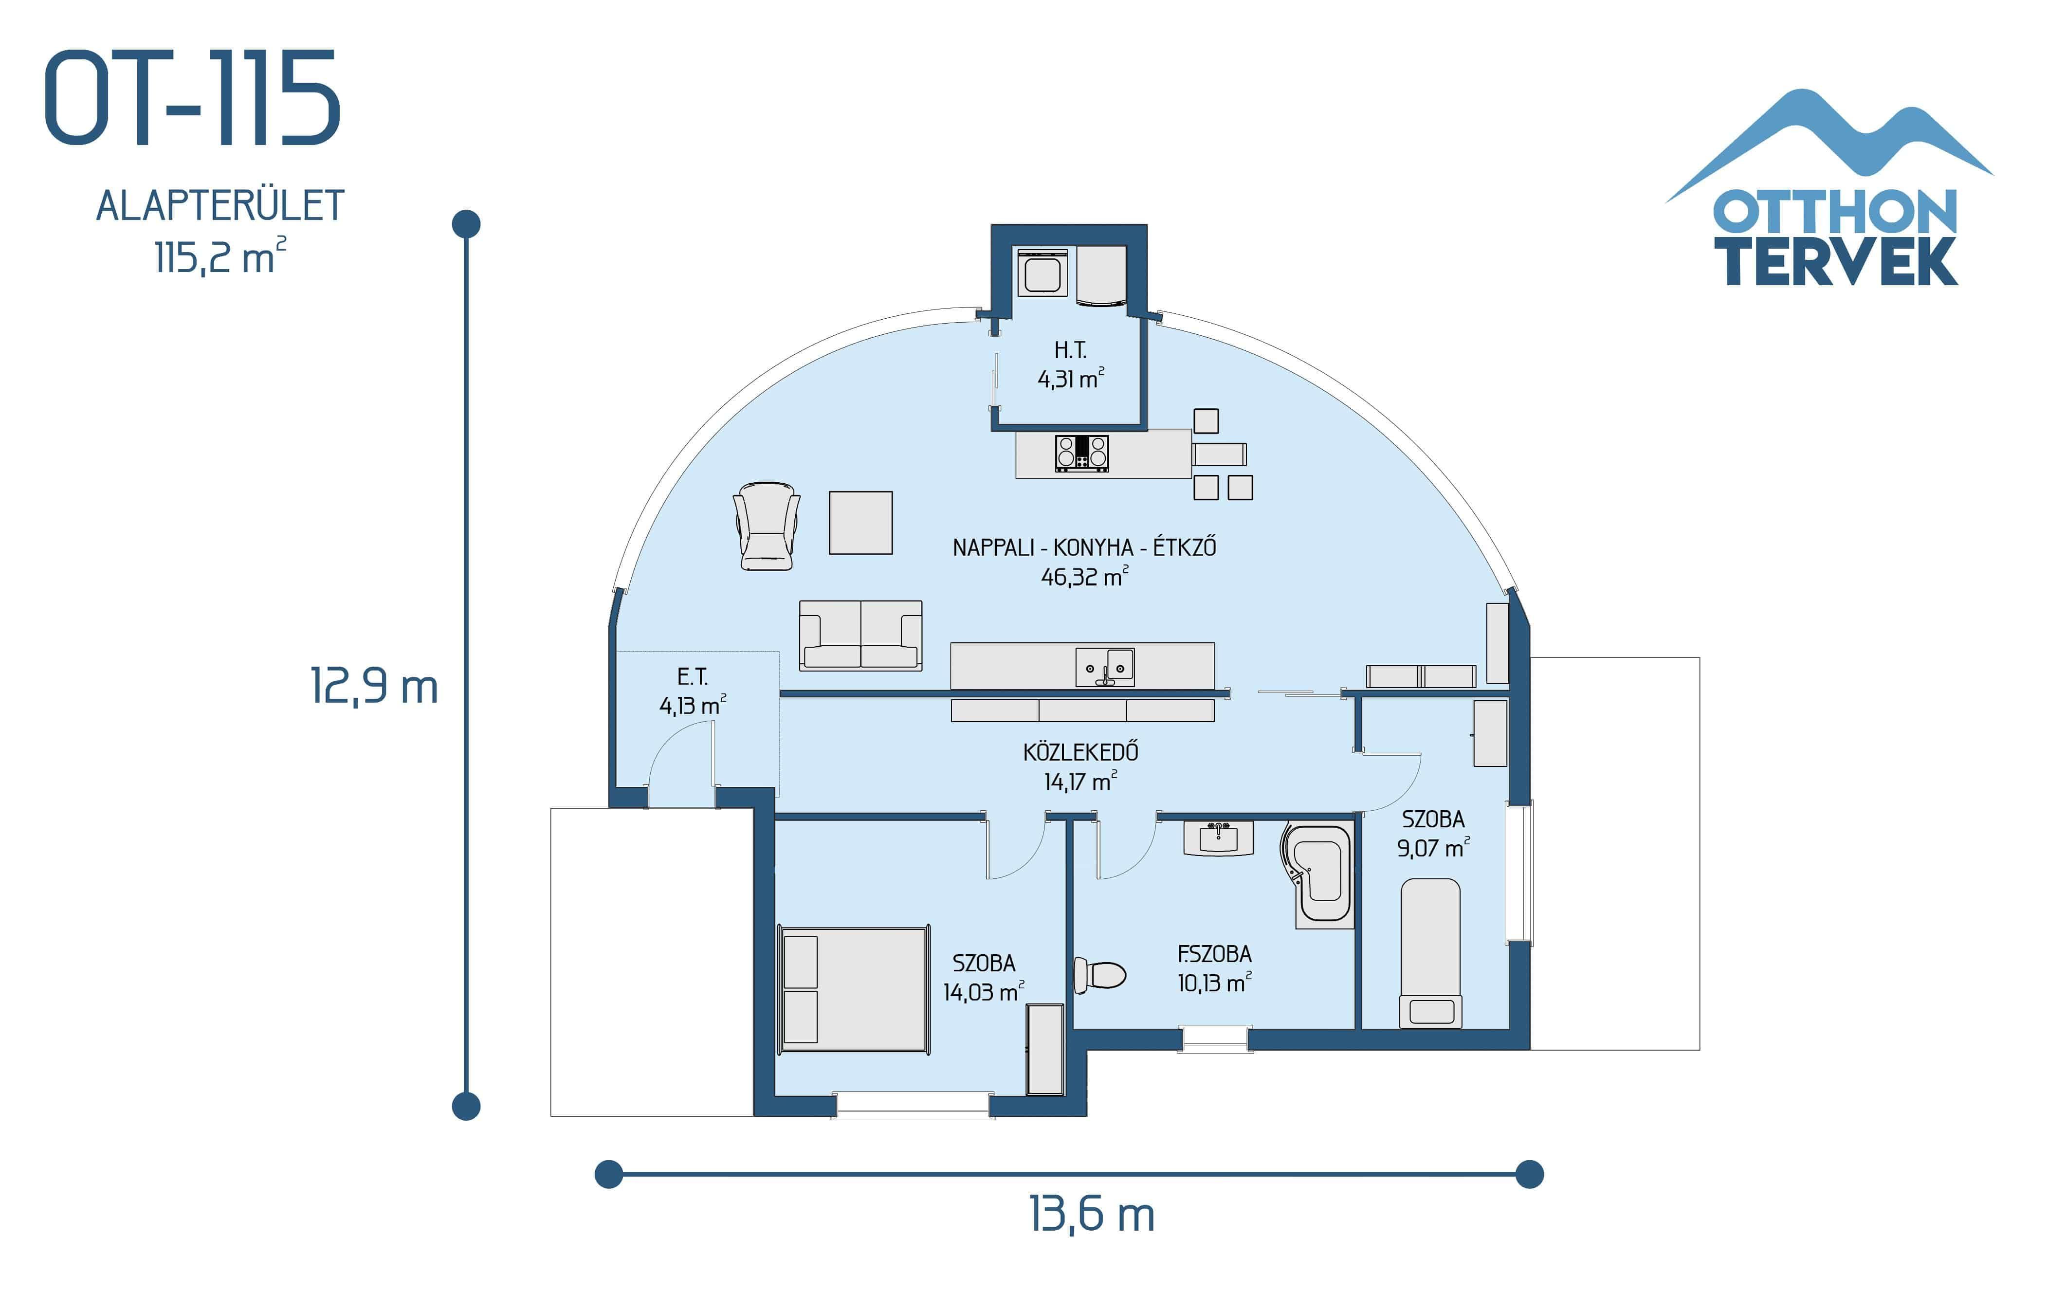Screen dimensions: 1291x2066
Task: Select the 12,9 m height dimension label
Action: click(373, 686)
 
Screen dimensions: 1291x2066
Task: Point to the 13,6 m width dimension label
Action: click(1091, 1214)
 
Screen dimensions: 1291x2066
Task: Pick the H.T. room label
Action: click(1070, 350)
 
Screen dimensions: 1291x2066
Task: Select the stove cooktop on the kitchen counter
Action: click(1081, 453)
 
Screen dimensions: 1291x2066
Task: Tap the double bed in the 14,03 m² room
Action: click(854, 989)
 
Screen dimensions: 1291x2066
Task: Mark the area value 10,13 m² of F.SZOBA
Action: click(1214, 983)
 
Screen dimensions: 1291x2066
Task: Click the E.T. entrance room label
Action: click(693, 677)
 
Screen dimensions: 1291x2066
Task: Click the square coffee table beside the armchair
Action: click(860, 523)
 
